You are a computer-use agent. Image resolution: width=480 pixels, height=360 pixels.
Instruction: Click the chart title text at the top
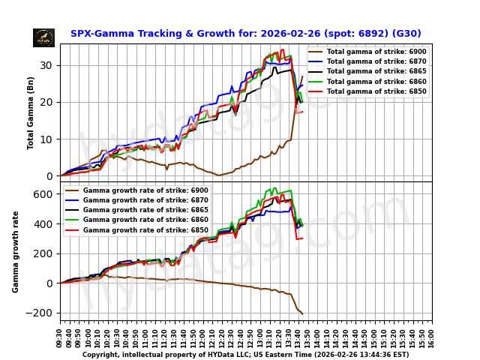(245, 34)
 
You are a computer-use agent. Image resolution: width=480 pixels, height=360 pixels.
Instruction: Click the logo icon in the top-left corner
(43, 37)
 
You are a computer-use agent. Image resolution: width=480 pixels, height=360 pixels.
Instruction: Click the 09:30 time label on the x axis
(60, 333)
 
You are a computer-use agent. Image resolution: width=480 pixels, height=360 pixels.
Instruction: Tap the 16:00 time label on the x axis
(432, 333)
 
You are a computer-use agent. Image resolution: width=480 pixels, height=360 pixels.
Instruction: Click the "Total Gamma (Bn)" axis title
(31, 112)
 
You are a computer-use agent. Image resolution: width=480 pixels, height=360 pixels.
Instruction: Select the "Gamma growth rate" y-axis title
(16, 251)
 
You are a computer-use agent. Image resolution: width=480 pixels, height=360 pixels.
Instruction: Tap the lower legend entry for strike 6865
(136, 210)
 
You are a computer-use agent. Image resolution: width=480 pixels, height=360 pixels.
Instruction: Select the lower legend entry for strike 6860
(136, 220)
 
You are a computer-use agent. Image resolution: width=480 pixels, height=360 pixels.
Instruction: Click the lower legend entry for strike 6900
(136, 190)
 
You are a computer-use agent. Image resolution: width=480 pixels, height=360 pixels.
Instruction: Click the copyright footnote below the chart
(245, 355)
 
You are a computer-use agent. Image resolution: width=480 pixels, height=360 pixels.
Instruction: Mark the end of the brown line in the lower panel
(301, 313)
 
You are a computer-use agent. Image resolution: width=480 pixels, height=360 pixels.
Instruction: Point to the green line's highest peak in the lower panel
(276, 188)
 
